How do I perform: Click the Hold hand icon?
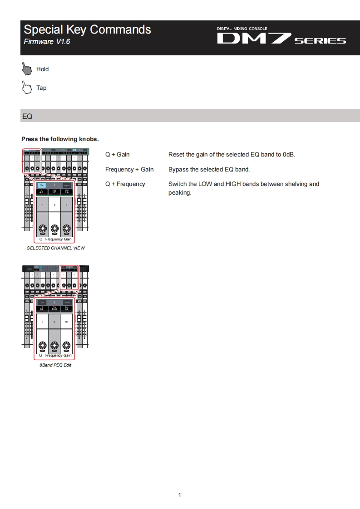[x=27, y=69]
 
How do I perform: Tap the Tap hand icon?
[x=27, y=87]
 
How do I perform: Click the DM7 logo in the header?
[x=281, y=39]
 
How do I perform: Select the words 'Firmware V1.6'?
[x=47, y=42]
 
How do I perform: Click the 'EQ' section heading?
[x=27, y=116]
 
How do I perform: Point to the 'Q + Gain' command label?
[x=117, y=154]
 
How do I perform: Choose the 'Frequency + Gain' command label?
[x=129, y=169]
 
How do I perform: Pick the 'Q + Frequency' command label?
[x=125, y=184]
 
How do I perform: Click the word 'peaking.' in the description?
[x=180, y=193]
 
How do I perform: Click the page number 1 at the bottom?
[x=180, y=495]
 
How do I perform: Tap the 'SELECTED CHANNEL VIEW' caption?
[x=55, y=248]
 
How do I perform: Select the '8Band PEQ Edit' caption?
[x=55, y=365]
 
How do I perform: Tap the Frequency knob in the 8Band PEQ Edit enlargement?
[x=54, y=345]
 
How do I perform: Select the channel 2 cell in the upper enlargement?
[x=54, y=205]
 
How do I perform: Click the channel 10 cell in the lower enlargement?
[x=67, y=321]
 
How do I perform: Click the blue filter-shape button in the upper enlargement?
[x=42, y=186]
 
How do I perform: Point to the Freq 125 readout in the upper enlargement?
[x=54, y=192]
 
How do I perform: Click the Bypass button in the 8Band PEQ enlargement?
[x=67, y=302]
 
